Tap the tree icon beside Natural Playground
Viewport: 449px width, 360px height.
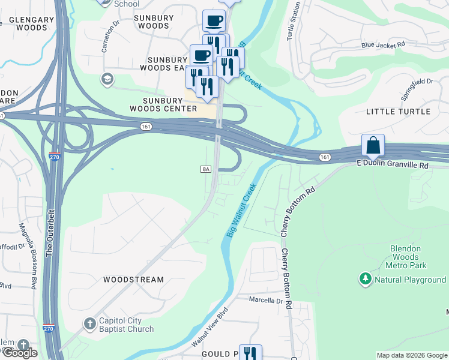365,279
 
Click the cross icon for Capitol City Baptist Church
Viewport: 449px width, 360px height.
89,324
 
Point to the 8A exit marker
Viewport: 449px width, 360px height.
205,169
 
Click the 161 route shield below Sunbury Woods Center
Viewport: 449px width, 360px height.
146,127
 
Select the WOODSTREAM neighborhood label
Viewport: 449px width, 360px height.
133,280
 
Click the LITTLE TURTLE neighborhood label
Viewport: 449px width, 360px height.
398,112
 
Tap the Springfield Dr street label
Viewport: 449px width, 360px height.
417,89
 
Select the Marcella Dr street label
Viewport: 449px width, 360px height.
263,301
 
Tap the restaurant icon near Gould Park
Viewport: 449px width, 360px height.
250,354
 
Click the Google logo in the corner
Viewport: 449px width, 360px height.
19,353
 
